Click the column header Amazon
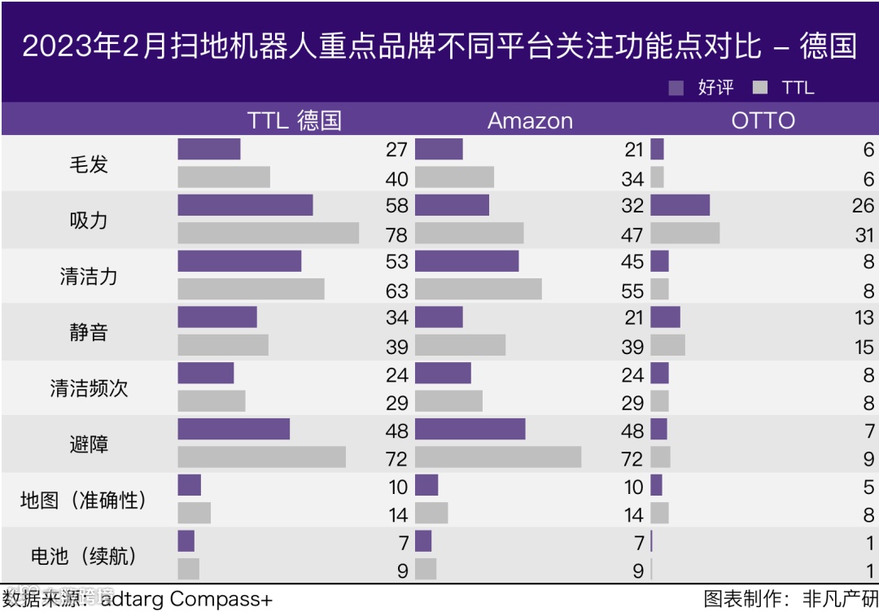(x=530, y=121)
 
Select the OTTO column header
(x=763, y=121)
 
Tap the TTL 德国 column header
(x=294, y=121)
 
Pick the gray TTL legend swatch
(x=761, y=88)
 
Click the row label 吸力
(x=88, y=221)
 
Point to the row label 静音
(x=88, y=332)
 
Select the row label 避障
(x=88, y=444)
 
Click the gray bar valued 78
(x=268, y=234)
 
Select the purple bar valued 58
(x=245, y=205)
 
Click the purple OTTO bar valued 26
(x=680, y=205)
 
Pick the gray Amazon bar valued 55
(x=478, y=290)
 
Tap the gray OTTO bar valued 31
(x=684, y=234)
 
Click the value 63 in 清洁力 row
(x=397, y=291)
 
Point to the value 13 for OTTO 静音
(x=864, y=318)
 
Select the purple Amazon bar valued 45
(x=466, y=261)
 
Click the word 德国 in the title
(x=828, y=46)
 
